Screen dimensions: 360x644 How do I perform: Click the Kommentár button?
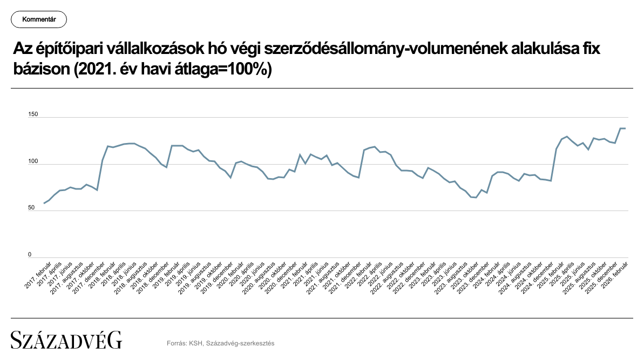point(38,20)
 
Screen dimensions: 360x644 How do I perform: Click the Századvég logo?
point(66,341)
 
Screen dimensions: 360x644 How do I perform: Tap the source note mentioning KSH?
point(221,343)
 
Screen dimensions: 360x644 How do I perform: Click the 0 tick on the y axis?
point(30,255)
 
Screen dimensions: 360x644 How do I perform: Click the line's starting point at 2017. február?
point(44,203)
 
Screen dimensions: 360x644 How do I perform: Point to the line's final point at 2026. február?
point(625,128)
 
